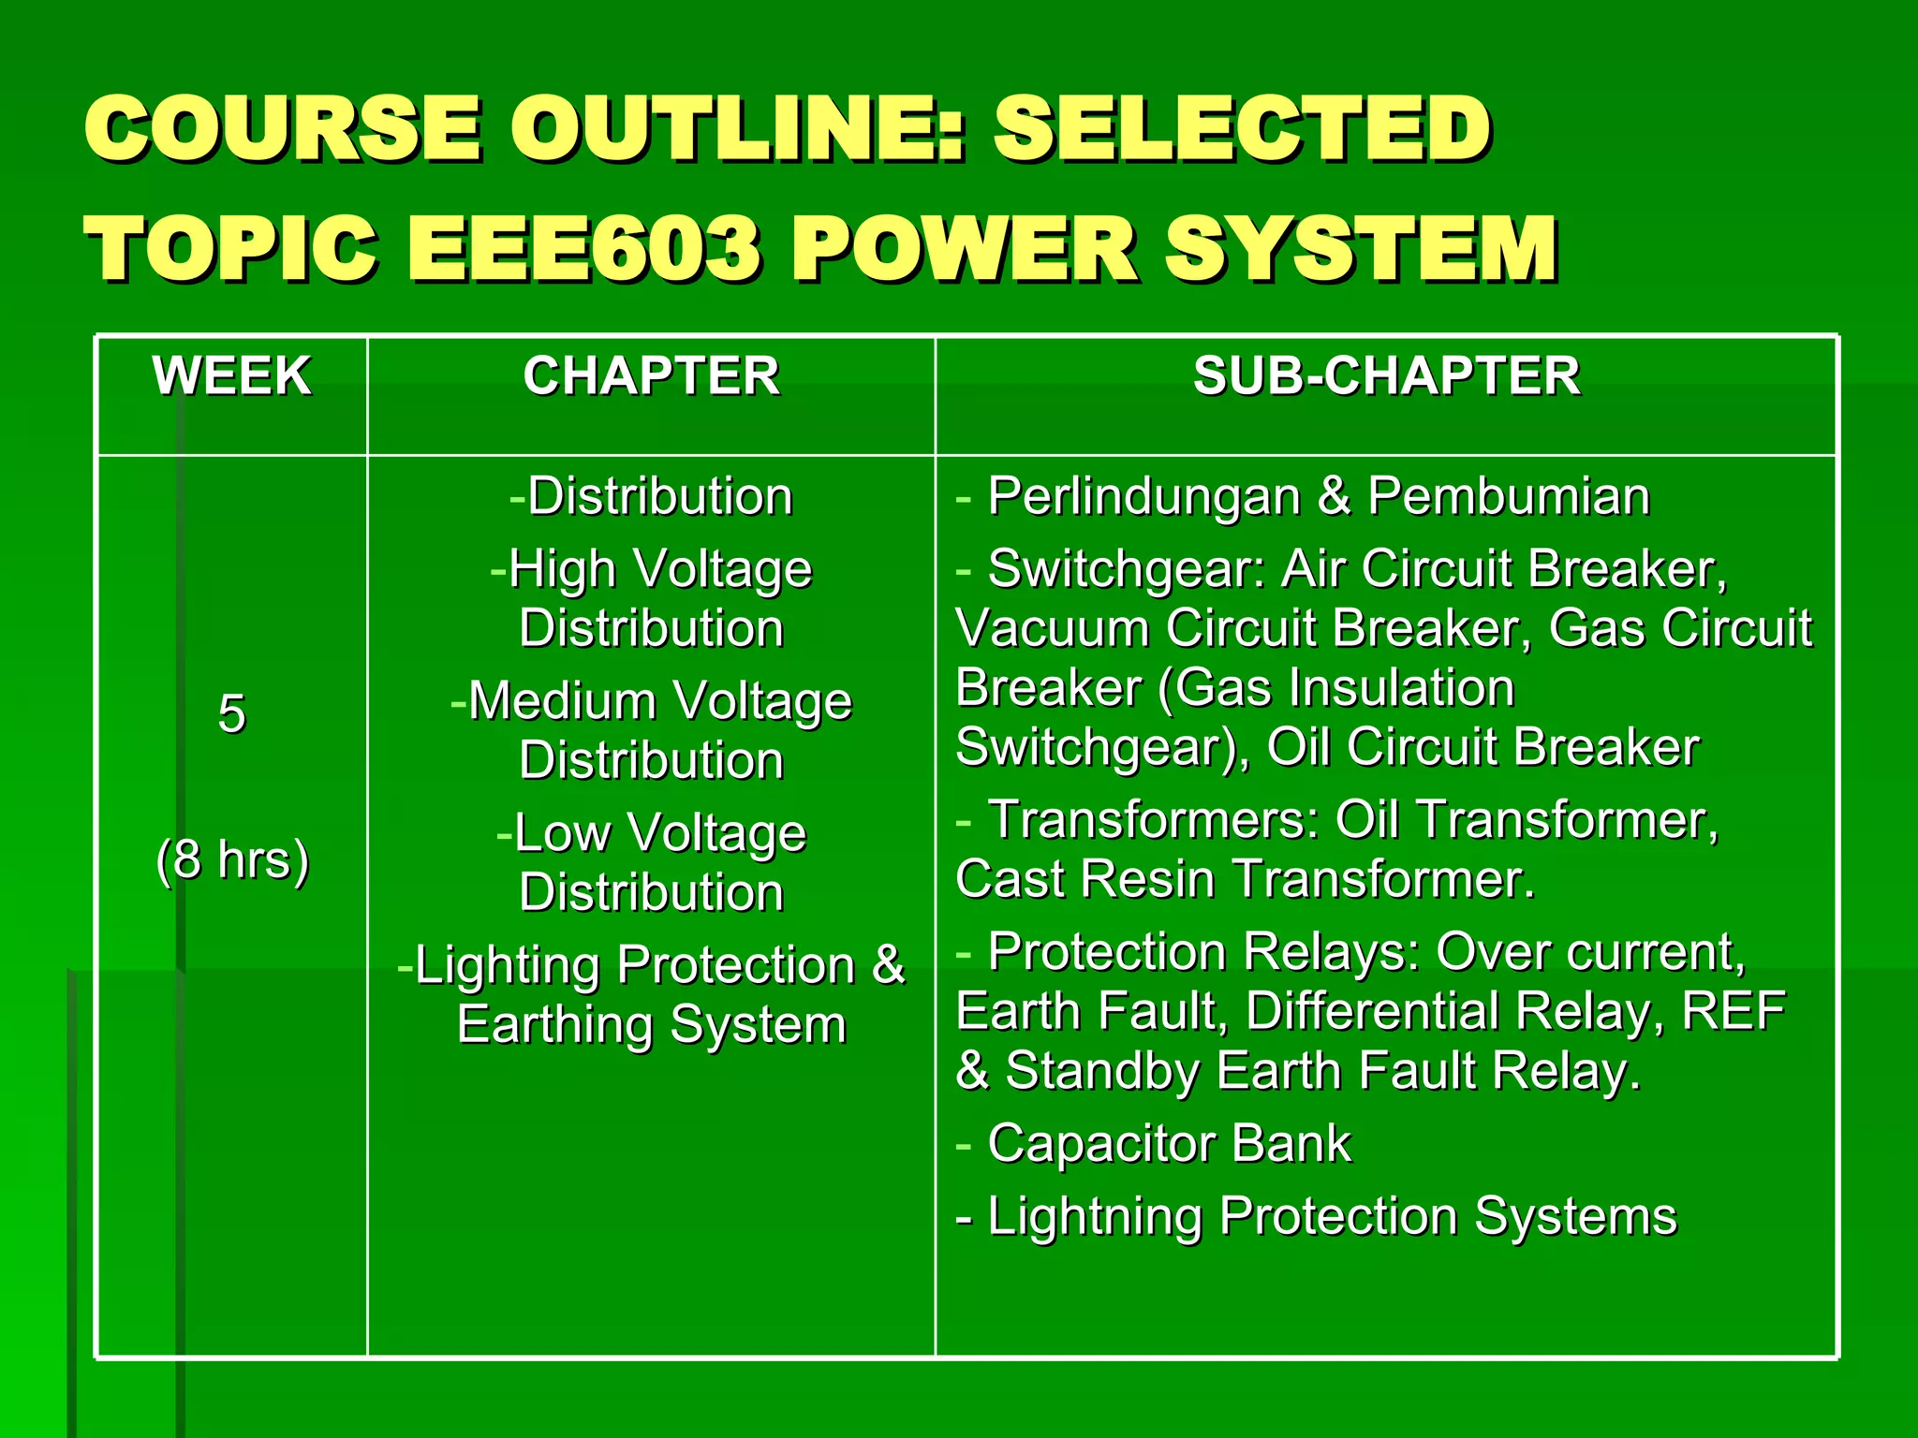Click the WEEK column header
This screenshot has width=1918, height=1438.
(x=231, y=376)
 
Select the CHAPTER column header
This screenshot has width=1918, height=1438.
(x=651, y=376)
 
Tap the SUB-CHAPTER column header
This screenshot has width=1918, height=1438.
(x=1386, y=376)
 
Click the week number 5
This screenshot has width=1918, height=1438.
(x=231, y=714)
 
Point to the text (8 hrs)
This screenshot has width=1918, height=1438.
(x=232, y=859)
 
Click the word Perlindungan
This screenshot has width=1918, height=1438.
(x=1143, y=496)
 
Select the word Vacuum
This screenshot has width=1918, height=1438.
(x=1053, y=628)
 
